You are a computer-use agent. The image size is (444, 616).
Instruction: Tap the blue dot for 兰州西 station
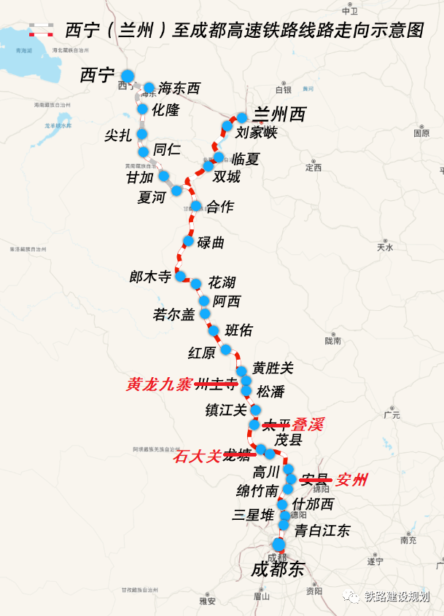pyautogui.click(x=241, y=117)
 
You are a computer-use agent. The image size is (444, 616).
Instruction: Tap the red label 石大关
pyautogui.click(x=196, y=457)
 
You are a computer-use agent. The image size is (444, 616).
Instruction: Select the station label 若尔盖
pyautogui.click(x=174, y=315)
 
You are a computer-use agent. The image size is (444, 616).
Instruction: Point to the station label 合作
pyautogui.click(x=219, y=207)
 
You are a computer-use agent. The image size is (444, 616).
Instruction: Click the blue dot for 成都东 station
pyautogui.click(x=279, y=545)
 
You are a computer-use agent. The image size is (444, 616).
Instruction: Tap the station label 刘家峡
pyautogui.click(x=257, y=133)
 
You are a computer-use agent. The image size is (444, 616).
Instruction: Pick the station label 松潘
pyautogui.click(x=270, y=391)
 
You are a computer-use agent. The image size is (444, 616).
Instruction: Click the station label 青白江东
pyautogui.click(x=322, y=531)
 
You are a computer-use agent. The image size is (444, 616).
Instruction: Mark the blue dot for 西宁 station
pyautogui.click(x=128, y=76)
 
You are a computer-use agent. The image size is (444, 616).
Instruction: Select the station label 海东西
pyautogui.click(x=179, y=89)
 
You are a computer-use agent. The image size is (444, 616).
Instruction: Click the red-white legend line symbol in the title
pyautogui.click(x=42, y=30)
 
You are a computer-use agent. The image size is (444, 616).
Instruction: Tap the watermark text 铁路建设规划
pyautogui.click(x=397, y=597)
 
